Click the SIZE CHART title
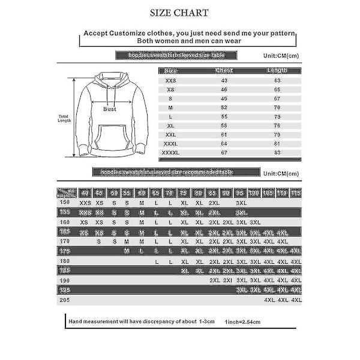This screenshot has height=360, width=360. tap(179, 13)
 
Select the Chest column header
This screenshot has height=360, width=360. tap(223, 70)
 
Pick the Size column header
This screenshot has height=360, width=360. tap(172, 70)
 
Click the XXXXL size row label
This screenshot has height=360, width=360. tap(170, 153)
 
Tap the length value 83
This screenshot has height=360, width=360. tap(277, 153)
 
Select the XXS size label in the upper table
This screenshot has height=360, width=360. tap(170, 79)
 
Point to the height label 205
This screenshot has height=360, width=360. tap(63, 299)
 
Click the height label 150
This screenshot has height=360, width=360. tap(63, 203)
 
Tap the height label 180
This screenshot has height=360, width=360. tap(63, 261)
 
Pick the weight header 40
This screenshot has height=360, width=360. tap(85, 193)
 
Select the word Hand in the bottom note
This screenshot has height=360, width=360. tap(75, 322)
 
